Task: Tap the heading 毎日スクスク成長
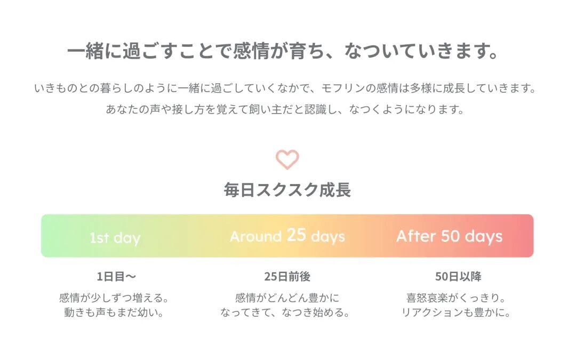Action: (x=287, y=190)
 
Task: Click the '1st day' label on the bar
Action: (x=115, y=238)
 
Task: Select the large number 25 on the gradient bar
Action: (x=296, y=235)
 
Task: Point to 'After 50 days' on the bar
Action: (x=449, y=236)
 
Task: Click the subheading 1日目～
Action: (x=116, y=276)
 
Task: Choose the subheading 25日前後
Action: (x=287, y=276)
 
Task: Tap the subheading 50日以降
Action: (x=458, y=276)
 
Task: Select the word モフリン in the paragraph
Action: (x=343, y=88)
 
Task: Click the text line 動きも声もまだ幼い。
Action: (x=114, y=313)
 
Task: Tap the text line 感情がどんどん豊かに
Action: (x=287, y=298)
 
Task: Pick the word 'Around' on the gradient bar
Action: (x=255, y=237)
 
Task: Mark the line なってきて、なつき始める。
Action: (x=285, y=313)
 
